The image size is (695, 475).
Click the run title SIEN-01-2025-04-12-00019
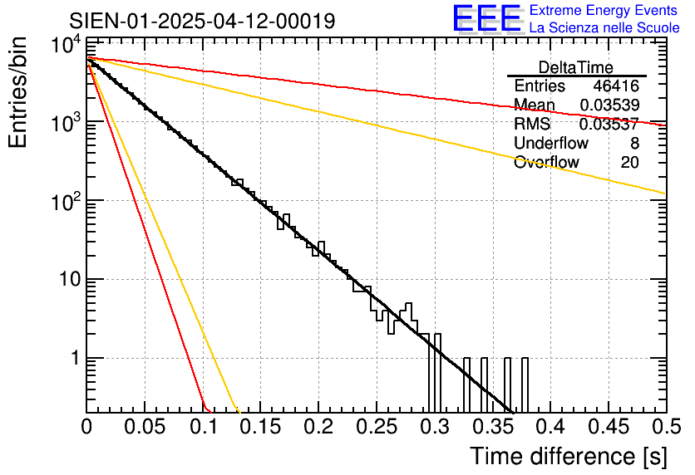coord(203,21)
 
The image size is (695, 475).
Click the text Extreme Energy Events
coord(604,11)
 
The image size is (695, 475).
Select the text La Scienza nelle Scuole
coord(604,28)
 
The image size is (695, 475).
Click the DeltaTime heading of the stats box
coord(576,67)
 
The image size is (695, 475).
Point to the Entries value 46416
coord(616,86)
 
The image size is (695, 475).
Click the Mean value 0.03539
coord(609,105)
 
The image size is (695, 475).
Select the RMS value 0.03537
coord(609,124)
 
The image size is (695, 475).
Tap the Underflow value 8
coord(634,143)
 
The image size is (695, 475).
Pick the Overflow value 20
coord(630,162)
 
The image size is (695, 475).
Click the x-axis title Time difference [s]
coord(567,456)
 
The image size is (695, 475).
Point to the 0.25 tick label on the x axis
coord(377,428)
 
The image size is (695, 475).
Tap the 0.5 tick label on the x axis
coord(664,428)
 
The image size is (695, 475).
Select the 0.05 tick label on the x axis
coord(145,428)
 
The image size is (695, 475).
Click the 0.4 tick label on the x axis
coord(550,428)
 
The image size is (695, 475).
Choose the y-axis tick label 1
coord(73,359)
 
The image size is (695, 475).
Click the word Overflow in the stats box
coord(546,162)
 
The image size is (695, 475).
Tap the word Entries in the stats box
coord(540,86)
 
